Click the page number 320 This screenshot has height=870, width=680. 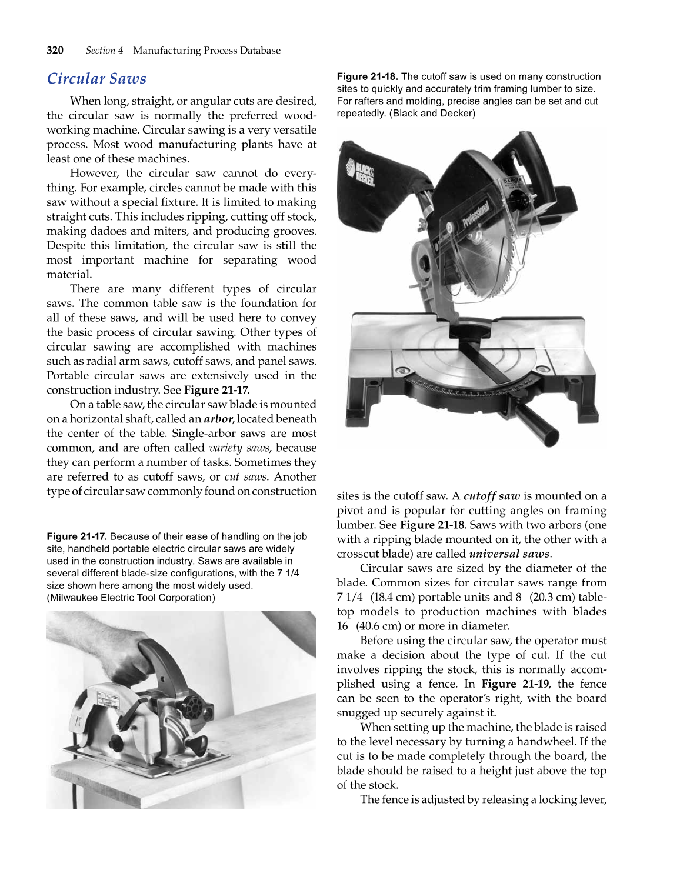pos(55,51)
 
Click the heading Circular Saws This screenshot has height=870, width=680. pos(96,79)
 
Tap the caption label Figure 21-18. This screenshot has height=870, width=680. pos(367,76)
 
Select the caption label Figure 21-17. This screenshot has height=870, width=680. pos(76,536)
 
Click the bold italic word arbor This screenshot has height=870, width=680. pos(218,419)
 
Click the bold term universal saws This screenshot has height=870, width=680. pos(509,554)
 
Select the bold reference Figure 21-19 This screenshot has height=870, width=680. pos(515,684)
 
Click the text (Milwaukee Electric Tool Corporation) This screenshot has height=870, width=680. pos(131,598)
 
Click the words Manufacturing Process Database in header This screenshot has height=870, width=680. pos(206,51)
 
